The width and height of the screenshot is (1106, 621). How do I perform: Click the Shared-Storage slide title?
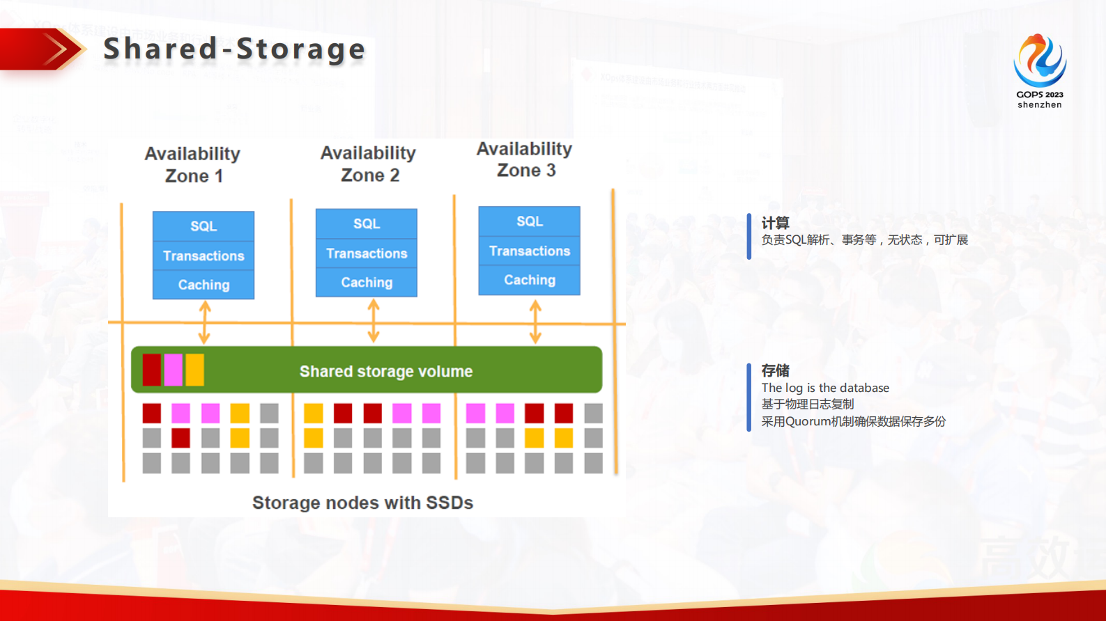coord(234,49)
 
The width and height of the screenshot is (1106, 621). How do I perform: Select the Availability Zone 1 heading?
coord(193,164)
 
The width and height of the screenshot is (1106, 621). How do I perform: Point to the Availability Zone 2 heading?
coord(369,164)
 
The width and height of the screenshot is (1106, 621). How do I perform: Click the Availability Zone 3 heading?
coord(525,159)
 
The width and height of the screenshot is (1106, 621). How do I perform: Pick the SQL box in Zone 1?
coord(203,226)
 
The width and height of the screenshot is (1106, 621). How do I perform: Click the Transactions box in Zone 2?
coord(367,253)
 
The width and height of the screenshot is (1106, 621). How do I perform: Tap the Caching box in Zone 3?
coord(530,280)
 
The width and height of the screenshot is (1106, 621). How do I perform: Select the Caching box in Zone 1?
coord(203,285)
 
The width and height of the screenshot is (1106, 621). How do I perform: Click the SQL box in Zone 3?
coord(530,221)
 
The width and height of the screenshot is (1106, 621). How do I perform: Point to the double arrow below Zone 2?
coord(374,321)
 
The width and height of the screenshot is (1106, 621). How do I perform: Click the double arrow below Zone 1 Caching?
coord(204,322)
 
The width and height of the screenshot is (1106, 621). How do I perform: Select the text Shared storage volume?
coord(386,372)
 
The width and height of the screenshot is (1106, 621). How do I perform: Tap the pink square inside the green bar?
coord(174,370)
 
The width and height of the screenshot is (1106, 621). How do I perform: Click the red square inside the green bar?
coord(152,370)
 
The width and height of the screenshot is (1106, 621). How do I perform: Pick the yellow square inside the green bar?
coord(195,370)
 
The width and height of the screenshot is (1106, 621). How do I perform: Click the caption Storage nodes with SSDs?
coord(362,503)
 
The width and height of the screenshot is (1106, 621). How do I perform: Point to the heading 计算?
coord(775,223)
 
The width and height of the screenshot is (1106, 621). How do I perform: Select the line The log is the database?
coord(825,388)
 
